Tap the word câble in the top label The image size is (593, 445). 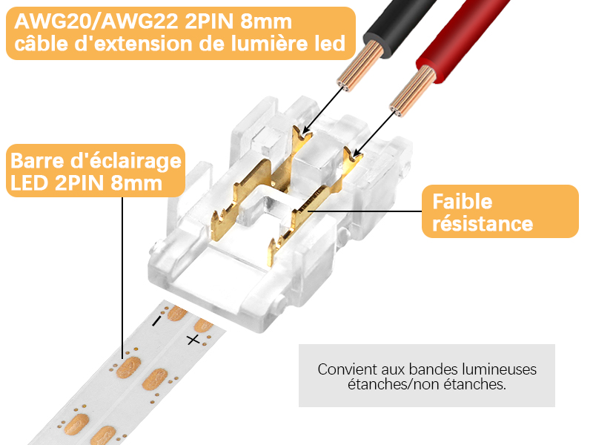point(44,44)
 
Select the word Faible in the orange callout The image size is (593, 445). point(463,201)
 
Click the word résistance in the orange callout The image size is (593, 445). point(483,223)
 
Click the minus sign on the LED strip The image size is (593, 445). point(156,321)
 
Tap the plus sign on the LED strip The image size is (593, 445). point(193,340)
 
